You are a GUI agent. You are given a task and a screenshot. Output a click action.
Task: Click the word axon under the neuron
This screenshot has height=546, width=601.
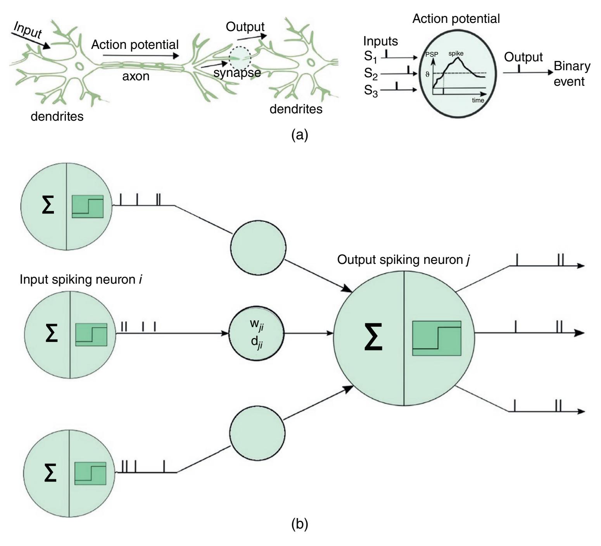(136, 76)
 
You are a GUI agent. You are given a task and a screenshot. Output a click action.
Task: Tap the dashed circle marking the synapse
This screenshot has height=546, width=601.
(240, 57)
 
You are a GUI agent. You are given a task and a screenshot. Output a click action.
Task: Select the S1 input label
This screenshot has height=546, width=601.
(371, 57)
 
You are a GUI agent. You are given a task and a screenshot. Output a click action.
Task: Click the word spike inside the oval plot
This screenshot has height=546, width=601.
(456, 54)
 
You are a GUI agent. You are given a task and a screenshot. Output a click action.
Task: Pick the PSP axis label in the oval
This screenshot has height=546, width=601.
(432, 55)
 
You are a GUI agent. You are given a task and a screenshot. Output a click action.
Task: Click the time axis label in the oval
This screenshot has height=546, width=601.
(478, 100)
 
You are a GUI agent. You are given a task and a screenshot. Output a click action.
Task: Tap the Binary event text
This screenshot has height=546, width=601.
(572, 74)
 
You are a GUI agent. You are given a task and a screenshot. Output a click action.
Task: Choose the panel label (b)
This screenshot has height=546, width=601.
(300, 524)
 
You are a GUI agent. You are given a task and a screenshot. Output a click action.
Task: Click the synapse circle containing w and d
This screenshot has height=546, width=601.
(257, 333)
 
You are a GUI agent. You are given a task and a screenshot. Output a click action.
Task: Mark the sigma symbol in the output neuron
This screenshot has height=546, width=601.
(373, 336)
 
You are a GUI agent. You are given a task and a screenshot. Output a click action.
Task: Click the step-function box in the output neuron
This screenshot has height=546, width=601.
(437, 338)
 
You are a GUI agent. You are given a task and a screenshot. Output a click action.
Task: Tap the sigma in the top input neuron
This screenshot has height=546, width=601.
(48, 206)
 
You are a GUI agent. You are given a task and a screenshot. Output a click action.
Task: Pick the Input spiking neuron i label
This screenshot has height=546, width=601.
(81, 279)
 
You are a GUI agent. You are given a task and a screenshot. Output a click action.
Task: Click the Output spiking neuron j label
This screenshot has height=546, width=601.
(404, 260)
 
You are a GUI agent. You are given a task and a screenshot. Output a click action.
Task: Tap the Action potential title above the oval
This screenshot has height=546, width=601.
(456, 19)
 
